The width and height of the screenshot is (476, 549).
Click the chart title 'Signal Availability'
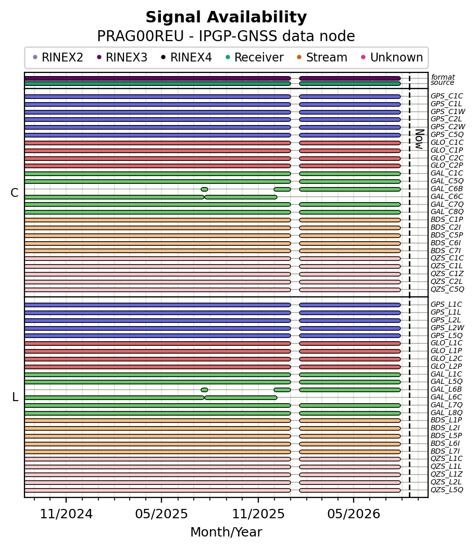click(226, 17)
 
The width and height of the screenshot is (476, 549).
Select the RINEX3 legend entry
click(122, 57)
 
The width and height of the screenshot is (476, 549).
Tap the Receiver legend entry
click(255, 57)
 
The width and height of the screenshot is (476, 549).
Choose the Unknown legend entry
click(392, 57)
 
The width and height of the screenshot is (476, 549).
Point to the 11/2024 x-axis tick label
click(66, 514)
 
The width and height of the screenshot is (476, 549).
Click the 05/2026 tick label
click(354, 514)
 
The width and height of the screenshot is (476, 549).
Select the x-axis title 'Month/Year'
click(226, 532)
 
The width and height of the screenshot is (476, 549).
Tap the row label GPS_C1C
click(447, 96)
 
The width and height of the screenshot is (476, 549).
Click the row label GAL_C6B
click(447, 189)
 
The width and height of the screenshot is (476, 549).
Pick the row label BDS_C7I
click(446, 251)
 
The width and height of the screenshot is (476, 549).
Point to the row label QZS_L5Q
click(447, 490)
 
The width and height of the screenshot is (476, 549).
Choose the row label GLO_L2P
click(446, 367)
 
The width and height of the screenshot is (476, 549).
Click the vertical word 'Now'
click(419, 139)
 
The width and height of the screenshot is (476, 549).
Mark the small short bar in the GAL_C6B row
click(204, 190)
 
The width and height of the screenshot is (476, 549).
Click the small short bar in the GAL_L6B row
click(204, 390)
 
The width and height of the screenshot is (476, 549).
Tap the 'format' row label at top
click(443, 77)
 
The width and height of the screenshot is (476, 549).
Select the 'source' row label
click(442, 83)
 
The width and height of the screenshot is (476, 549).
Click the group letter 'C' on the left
click(15, 193)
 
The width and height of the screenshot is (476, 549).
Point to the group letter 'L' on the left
click(15, 397)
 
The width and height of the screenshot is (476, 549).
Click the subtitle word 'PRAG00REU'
click(140, 36)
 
